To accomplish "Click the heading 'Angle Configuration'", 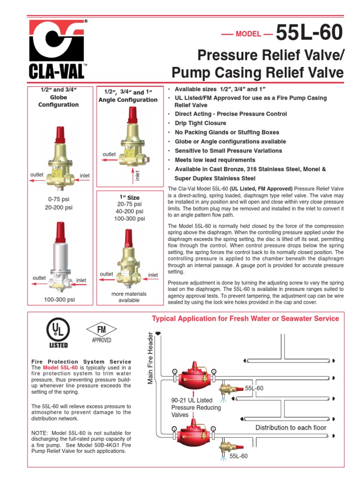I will pos(127,100).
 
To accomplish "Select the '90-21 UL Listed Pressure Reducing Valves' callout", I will pos(192,407).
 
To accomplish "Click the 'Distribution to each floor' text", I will pos(291,427).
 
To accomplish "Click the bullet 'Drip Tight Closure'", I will pos(200,123).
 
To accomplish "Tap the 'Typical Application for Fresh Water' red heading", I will pos(245,319).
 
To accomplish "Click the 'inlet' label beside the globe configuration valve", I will pos(84,175).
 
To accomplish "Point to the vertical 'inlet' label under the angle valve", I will pos(138,175).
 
